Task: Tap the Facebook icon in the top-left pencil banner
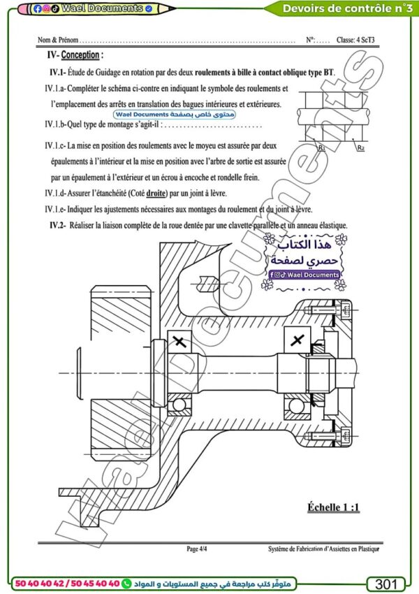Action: click(37, 9)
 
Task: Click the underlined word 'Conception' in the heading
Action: click(80, 55)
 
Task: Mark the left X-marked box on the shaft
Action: click(179, 342)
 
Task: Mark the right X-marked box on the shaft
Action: click(297, 340)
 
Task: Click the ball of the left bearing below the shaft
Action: click(179, 405)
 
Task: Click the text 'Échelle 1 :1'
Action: click(333, 506)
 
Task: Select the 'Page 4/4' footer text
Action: click(196, 549)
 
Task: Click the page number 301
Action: click(386, 584)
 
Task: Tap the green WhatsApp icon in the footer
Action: click(126, 583)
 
